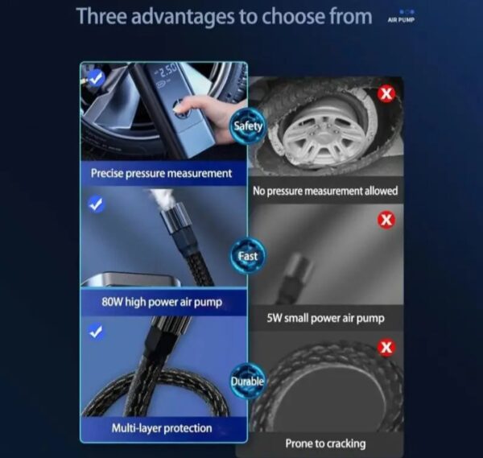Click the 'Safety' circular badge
[x=248, y=126]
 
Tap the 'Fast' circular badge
[x=248, y=256]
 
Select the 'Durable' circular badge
[x=248, y=382]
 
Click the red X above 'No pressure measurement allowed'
[x=386, y=93]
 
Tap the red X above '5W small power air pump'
[x=386, y=220]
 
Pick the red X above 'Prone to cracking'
[x=386, y=348]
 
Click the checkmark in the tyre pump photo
[x=97, y=78]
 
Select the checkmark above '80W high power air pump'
[x=97, y=204]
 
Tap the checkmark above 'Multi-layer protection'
[x=97, y=332]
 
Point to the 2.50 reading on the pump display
[x=169, y=72]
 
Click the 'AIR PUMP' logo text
[x=401, y=20]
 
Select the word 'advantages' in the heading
[x=184, y=17]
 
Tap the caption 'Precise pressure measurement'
[x=161, y=173]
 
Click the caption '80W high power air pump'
[x=162, y=302]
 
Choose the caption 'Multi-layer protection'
[x=162, y=428]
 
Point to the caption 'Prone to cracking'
[x=325, y=444]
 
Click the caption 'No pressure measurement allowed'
[x=325, y=191]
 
